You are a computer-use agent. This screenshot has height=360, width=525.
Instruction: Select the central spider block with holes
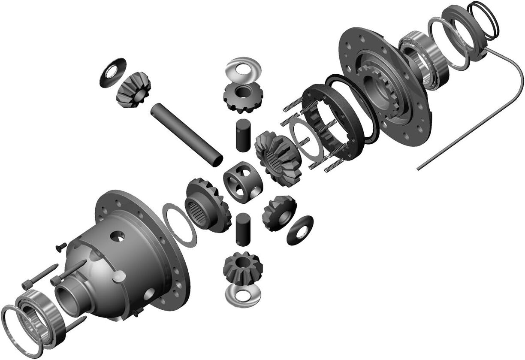pos(243,182)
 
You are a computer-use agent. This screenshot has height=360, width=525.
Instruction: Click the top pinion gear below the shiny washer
pos(242,97)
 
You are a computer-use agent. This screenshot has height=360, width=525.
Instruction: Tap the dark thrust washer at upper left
pos(113,72)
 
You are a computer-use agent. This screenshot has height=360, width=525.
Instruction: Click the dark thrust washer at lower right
pos(299,229)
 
